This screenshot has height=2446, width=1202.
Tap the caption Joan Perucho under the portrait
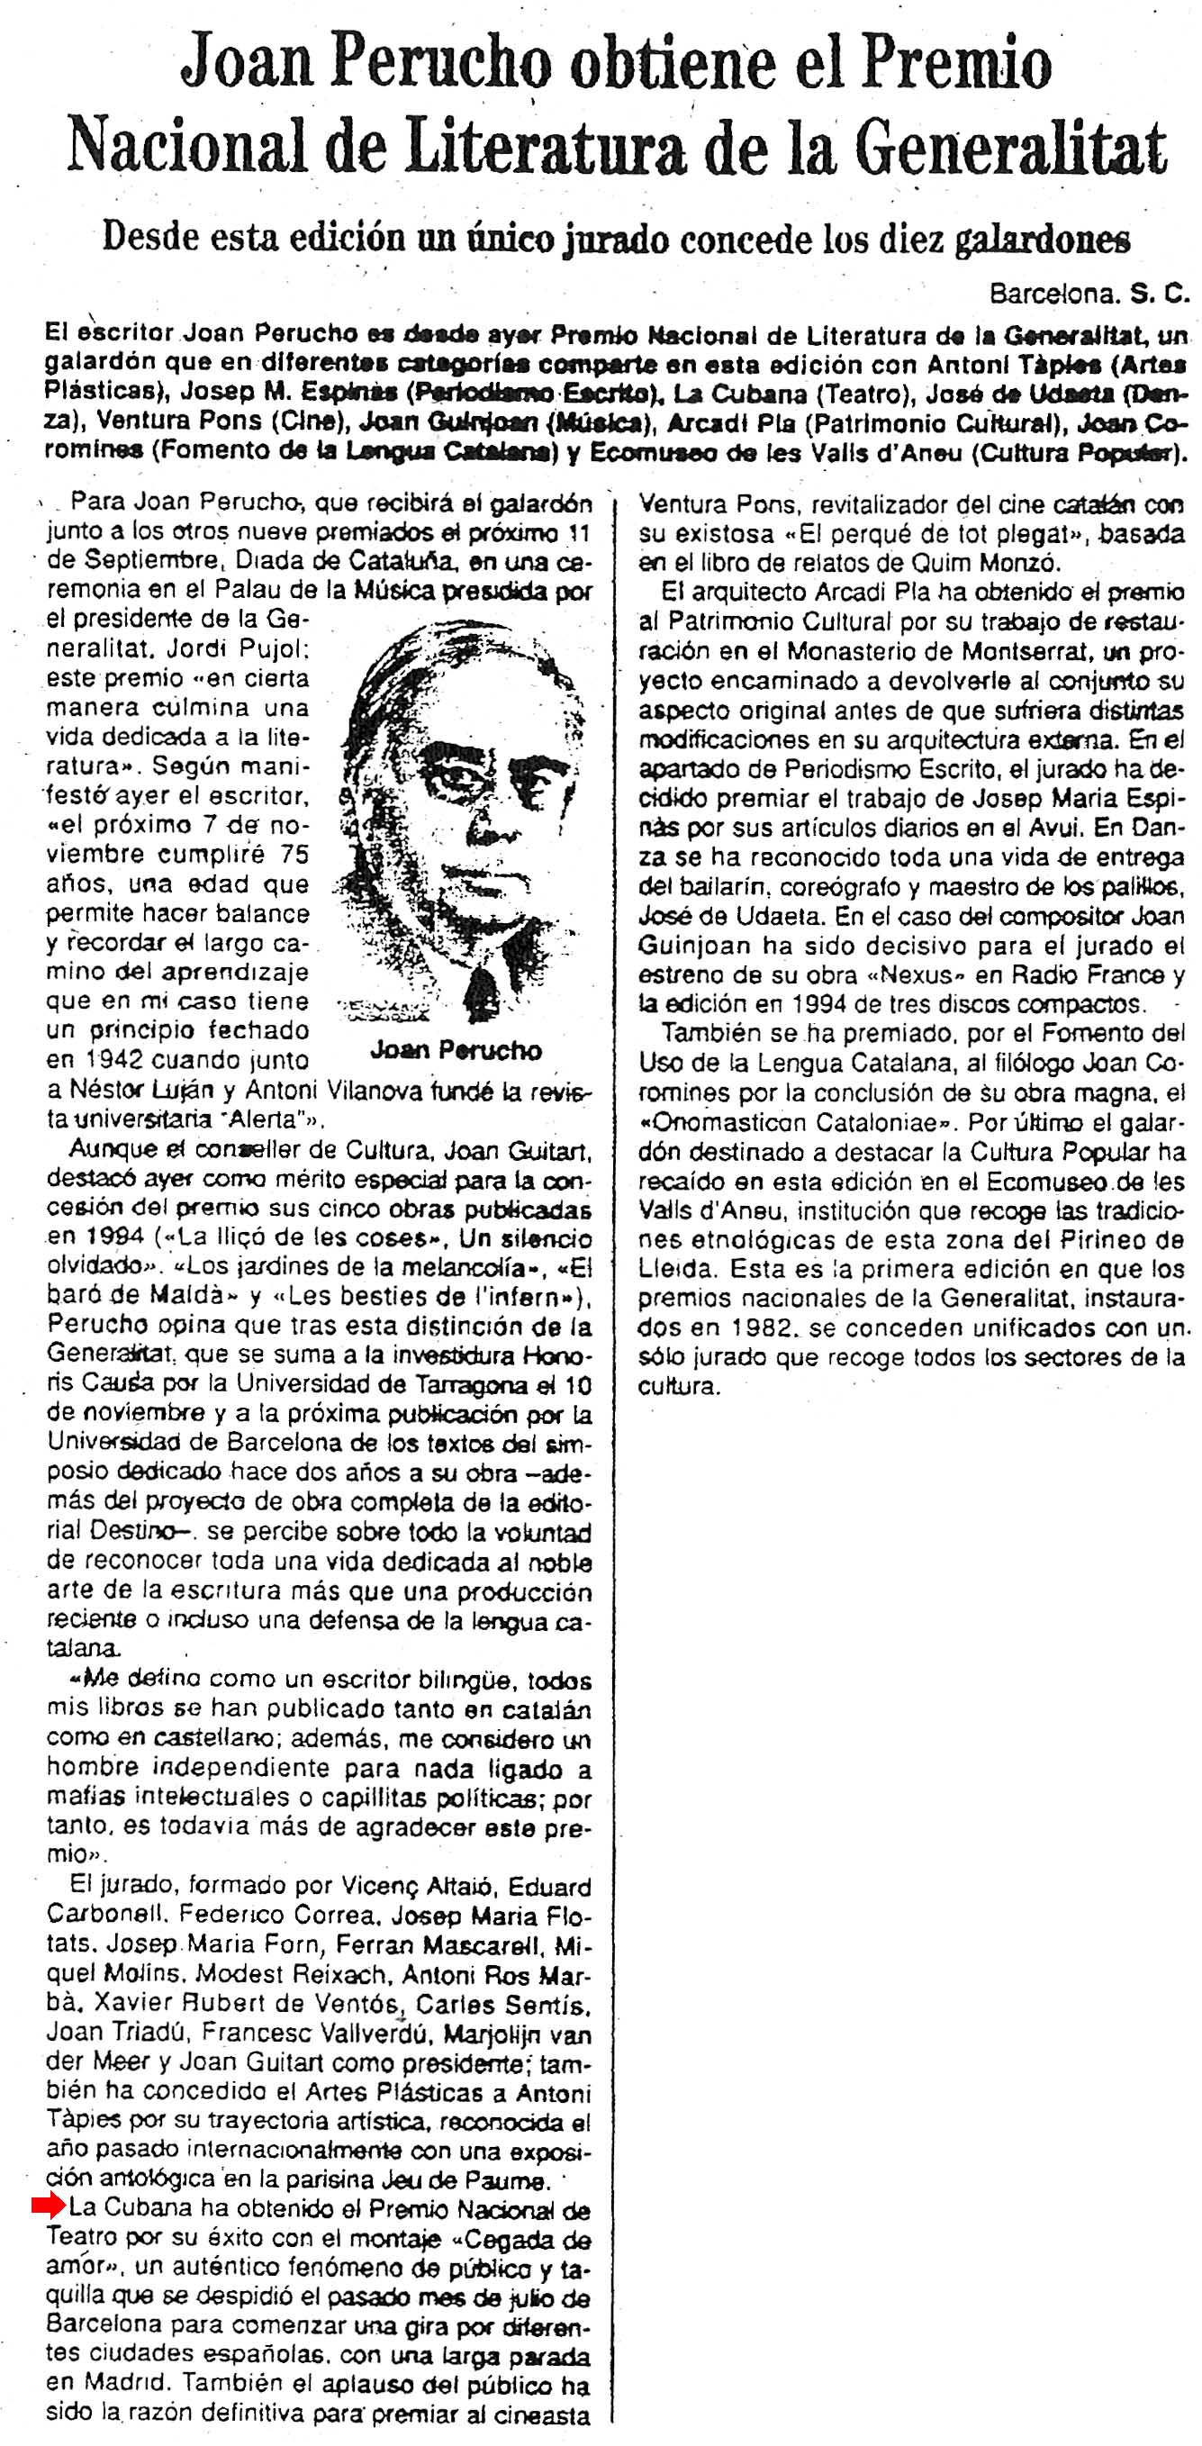pos(455,1050)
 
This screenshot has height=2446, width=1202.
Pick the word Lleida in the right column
pos(674,1270)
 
